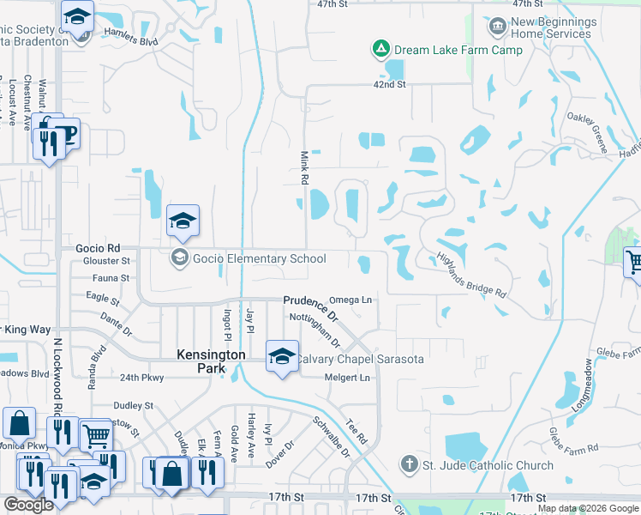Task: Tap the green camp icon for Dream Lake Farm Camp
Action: [380, 50]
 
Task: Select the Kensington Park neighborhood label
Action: [211, 361]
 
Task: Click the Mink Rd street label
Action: [303, 168]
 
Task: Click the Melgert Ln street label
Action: [347, 378]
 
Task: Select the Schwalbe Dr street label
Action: [331, 437]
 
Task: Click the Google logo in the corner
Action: [28, 506]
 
